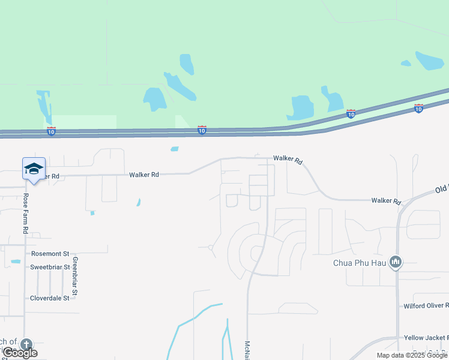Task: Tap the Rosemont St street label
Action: [x=50, y=254]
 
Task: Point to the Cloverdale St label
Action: [x=50, y=298]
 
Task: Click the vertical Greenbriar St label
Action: [x=75, y=277]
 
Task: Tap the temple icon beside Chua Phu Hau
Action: [x=396, y=262]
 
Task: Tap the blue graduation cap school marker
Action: [x=34, y=169]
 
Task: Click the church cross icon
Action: [x=26, y=344]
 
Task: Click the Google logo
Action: [x=20, y=353]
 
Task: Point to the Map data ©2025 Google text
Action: [x=411, y=355]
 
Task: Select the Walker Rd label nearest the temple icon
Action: [x=386, y=200]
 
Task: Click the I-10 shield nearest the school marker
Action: [x=51, y=131]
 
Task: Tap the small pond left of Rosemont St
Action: [x=16, y=262]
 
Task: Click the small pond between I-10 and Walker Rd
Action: [x=174, y=149]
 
